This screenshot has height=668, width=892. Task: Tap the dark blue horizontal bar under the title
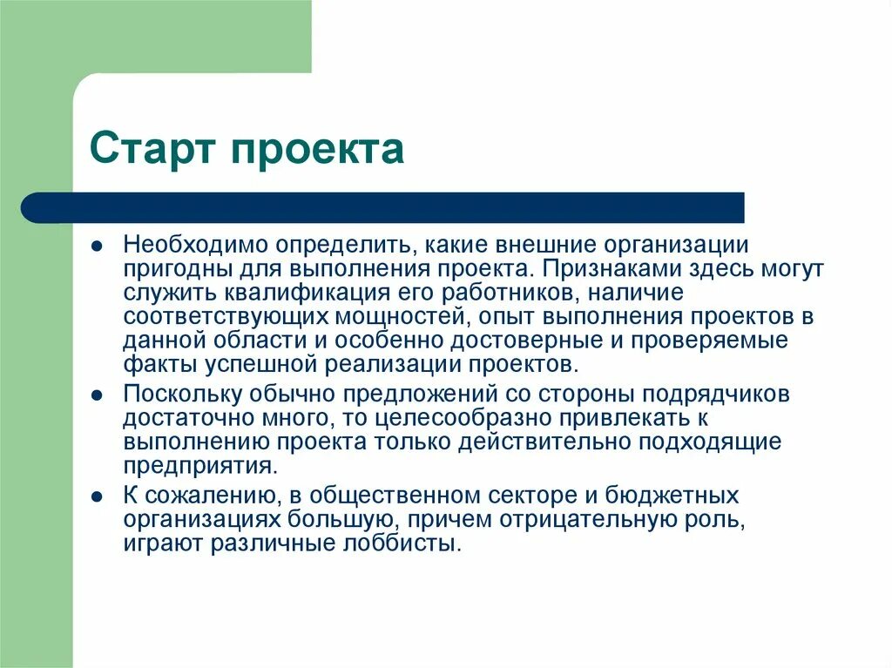point(383,207)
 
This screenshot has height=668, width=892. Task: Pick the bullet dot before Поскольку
point(100,395)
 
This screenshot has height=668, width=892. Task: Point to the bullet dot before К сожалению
point(100,496)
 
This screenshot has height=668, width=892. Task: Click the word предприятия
point(199,464)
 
